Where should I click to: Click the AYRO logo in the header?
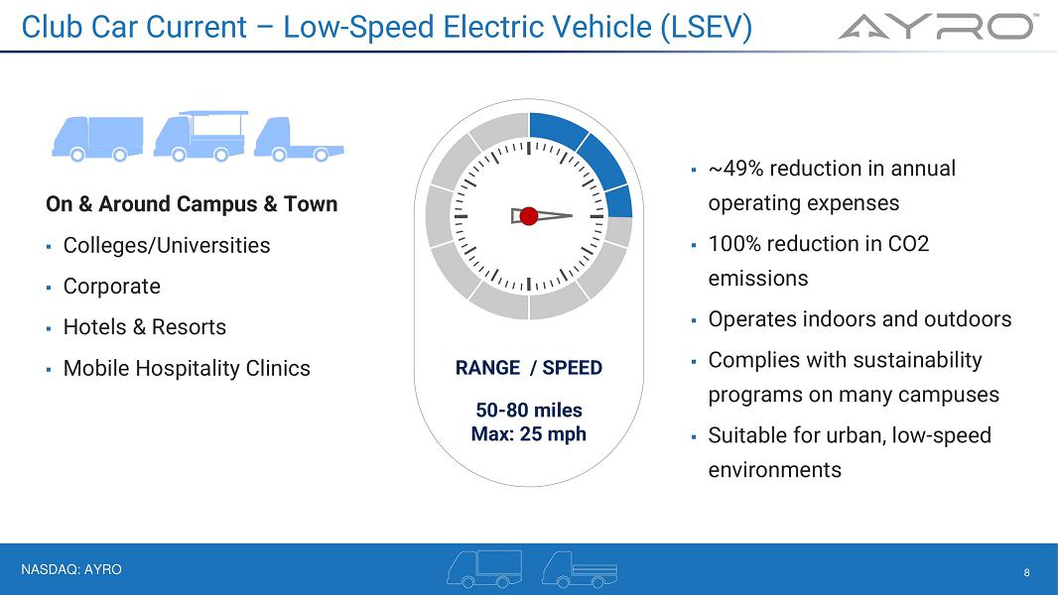coord(938,27)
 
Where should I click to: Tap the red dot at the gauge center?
coord(529,215)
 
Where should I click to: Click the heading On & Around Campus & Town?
coord(192,203)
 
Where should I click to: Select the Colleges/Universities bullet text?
coord(167,245)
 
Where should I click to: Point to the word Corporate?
coord(112,287)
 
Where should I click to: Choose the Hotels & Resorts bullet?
coord(144,327)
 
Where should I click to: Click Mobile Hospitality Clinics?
coord(187,368)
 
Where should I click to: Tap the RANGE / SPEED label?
coord(529,367)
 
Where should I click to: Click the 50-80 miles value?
coord(529,410)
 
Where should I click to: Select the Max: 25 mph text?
coord(529,433)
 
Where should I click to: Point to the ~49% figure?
coord(736,168)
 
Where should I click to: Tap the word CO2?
coord(908,243)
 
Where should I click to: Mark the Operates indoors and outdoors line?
coord(860,318)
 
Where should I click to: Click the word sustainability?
coord(918,360)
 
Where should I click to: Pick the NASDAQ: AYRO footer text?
coord(71,569)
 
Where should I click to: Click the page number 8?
coord(1027,572)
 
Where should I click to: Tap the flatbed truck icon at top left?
coord(299,140)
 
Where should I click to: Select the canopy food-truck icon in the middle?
coord(200,136)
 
